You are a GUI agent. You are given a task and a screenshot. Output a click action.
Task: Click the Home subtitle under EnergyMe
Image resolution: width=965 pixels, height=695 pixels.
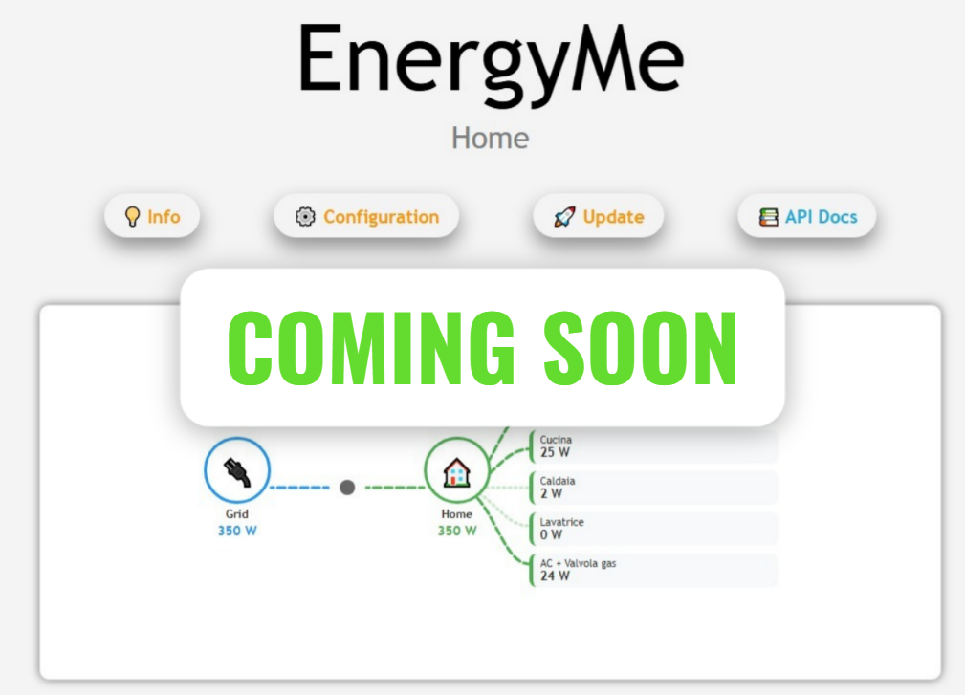490,138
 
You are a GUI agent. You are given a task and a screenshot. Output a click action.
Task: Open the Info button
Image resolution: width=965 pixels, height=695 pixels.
152,217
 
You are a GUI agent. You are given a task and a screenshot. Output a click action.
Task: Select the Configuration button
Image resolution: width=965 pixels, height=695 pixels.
366,217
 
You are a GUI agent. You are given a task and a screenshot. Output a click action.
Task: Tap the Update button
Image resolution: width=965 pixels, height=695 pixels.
598,217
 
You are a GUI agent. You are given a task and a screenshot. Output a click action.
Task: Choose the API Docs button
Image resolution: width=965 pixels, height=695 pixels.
807,217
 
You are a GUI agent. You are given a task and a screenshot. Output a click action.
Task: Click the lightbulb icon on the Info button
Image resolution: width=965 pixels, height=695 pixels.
133,217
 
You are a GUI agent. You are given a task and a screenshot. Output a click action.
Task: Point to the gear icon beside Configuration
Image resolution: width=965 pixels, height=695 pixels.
305,217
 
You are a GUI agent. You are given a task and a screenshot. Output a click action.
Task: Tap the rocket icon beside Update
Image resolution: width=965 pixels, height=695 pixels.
564,217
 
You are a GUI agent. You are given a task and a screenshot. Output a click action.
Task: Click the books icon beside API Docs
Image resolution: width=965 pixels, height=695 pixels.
768,217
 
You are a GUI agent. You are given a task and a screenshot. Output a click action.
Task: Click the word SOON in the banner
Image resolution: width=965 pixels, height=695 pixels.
641,347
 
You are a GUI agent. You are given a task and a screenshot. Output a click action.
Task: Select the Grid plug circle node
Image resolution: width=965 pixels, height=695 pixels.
237,470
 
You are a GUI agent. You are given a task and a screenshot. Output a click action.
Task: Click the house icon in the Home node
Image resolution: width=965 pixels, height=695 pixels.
457,471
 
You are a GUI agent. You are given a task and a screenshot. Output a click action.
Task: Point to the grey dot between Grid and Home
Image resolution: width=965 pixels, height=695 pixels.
347,488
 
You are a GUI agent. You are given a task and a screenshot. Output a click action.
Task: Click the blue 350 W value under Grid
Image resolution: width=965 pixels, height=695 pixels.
237,531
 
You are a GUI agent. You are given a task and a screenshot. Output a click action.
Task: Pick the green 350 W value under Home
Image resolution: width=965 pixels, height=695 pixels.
457,531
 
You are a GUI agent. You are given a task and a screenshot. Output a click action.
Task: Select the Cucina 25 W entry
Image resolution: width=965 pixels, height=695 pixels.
653,446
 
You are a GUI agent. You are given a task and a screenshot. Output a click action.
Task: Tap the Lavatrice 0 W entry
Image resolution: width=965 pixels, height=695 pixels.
653,529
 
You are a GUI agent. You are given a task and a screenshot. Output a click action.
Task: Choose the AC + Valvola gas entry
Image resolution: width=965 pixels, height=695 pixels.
653,570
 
